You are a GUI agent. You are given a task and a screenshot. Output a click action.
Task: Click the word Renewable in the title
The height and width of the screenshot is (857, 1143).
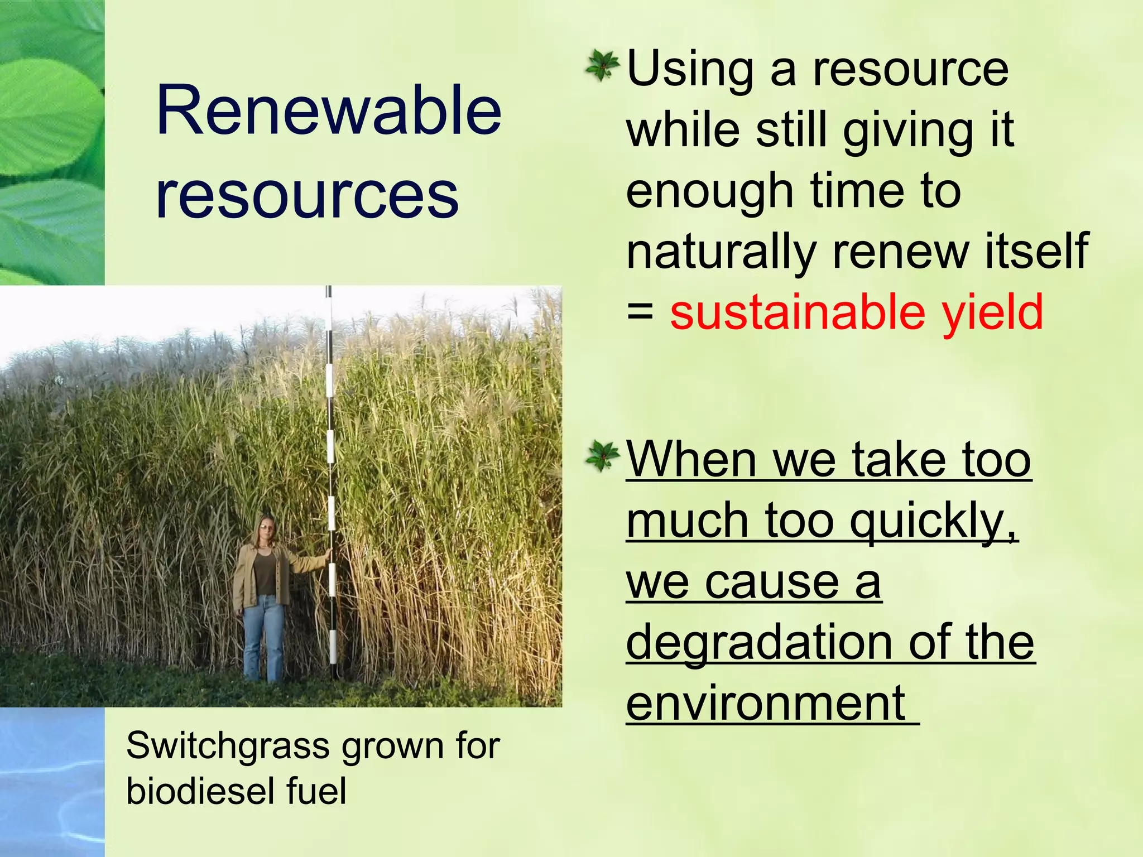click(328, 110)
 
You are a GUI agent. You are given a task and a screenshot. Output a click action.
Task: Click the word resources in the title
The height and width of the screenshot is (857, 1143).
click(307, 195)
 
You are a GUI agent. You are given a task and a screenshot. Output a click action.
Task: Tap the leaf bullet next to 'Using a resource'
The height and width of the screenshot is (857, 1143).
click(602, 66)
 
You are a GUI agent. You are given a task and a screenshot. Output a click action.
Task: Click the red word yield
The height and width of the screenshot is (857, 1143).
click(992, 312)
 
